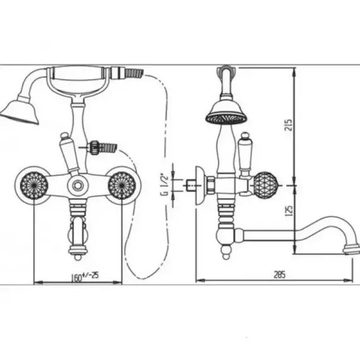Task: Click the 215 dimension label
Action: pyautogui.click(x=289, y=125)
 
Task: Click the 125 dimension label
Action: pyautogui.click(x=289, y=210)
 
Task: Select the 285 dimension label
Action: pyautogui.click(x=280, y=274)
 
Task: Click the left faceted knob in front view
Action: pyautogui.click(x=34, y=185)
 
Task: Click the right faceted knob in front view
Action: pyautogui.click(x=122, y=185)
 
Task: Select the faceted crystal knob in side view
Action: pyautogui.click(x=266, y=185)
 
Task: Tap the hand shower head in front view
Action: pyautogui.click(x=20, y=112)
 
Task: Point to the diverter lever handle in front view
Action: pyautogui.click(x=69, y=154)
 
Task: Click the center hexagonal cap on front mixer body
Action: pyautogui.click(x=78, y=185)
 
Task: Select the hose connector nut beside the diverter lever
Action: pyautogui.click(x=93, y=148)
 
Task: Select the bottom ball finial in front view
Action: pyautogui.click(x=78, y=256)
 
